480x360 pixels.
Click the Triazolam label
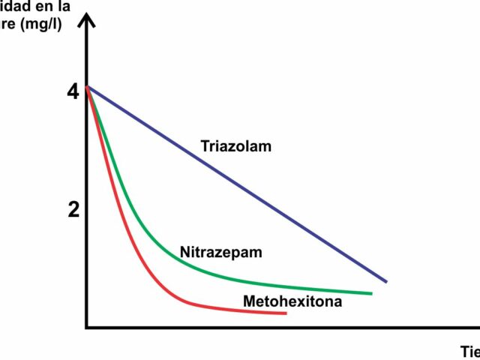235,146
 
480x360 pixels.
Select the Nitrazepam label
221,252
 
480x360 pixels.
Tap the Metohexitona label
292,302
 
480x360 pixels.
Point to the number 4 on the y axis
73,92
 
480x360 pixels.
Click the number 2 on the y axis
73,210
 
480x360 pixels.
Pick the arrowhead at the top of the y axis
88,21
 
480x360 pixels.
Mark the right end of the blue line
385,281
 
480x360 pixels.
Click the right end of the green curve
371,293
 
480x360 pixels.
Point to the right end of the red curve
286,313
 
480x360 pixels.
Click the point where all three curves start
88,88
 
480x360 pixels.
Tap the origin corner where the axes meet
87,327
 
